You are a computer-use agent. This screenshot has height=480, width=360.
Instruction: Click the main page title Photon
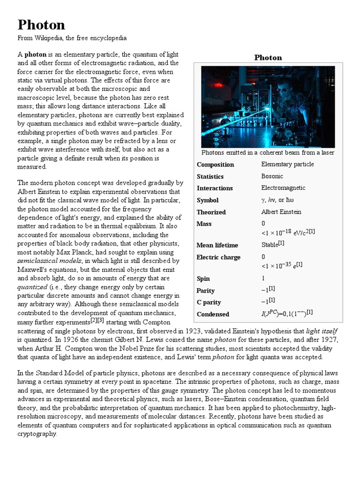(x=41, y=24)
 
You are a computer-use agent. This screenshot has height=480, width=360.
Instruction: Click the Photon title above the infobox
(x=268, y=57)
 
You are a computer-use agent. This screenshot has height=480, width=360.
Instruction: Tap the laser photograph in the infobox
(x=268, y=106)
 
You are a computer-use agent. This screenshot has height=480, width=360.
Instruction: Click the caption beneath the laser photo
(x=268, y=152)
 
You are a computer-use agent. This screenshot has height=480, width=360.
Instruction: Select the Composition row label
(x=215, y=165)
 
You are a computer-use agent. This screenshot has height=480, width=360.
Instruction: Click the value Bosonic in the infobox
(x=272, y=176)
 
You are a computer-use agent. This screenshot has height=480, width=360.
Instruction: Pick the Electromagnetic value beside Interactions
(x=283, y=188)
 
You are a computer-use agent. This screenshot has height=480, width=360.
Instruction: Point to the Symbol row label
(x=208, y=200)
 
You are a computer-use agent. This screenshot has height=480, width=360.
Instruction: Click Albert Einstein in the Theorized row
(x=281, y=212)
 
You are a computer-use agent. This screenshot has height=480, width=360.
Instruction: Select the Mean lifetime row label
(x=217, y=245)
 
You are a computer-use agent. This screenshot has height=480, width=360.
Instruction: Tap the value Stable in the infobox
(x=270, y=245)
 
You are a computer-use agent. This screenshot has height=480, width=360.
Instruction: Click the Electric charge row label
(x=218, y=257)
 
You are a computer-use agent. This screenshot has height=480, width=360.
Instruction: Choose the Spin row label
(x=203, y=278)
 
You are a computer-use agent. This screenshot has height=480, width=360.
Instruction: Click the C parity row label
(x=209, y=302)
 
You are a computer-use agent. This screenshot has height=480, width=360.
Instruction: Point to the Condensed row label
(x=213, y=314)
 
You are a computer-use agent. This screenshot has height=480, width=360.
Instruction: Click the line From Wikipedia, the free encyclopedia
(x=72, y=38)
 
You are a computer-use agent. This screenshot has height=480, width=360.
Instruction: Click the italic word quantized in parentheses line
(x=32, y=287)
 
